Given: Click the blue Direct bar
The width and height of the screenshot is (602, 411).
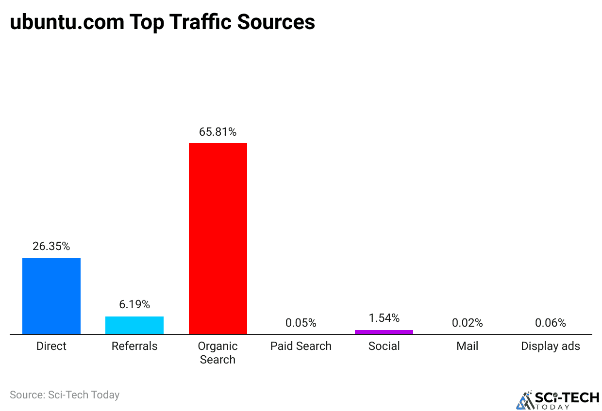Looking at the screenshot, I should point(51,296).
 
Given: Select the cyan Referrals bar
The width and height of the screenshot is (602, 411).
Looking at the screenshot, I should point(134,325).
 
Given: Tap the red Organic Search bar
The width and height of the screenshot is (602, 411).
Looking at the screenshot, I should point(217,238).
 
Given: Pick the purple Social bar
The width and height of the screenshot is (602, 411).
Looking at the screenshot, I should point(384,332).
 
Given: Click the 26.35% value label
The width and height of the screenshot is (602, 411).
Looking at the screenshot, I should point(51,246).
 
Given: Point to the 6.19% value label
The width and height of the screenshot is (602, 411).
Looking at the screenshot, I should point(134,304).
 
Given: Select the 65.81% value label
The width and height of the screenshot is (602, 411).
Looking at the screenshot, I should point(217,132).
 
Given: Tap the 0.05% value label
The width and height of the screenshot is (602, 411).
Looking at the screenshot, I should point(301,323).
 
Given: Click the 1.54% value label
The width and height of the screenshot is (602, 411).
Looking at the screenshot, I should point(384,318).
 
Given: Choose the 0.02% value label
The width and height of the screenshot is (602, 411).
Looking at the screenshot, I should point(467,323).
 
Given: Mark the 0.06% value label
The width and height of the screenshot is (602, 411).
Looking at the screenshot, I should point(551,323).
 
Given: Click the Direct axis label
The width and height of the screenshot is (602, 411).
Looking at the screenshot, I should point(51,346).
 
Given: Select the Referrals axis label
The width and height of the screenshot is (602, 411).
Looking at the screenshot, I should point(134,346).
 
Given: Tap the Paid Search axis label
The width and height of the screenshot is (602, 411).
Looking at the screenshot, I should point(301,346).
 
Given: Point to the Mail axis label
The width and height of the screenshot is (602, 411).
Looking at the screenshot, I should point(467,346).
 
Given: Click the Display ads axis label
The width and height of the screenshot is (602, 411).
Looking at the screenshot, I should point(551,346).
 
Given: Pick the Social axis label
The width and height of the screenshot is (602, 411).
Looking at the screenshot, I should point(384,346).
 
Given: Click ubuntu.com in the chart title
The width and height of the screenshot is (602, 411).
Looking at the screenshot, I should point(67,22).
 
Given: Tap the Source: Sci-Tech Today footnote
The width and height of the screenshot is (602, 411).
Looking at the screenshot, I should point(65,395).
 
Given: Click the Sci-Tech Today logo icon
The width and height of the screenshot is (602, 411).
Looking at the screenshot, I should point(524,400).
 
